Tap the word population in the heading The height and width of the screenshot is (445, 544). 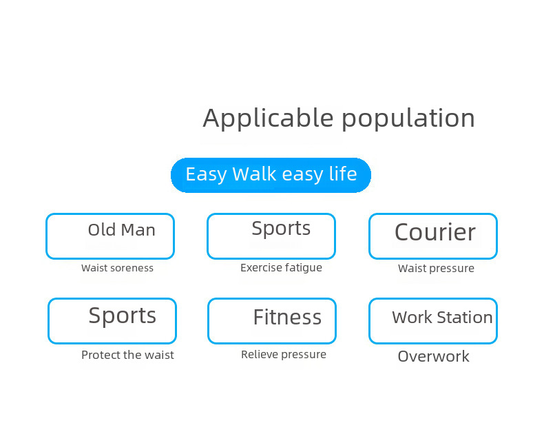(x=408, y=118)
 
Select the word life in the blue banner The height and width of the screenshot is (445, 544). (x=342, y=174)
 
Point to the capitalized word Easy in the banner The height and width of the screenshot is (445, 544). (x=206, y=174)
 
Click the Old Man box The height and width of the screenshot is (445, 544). (x=110, y=236)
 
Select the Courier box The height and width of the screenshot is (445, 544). (x=433, y=236)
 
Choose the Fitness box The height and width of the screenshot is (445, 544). (x=272, y=321)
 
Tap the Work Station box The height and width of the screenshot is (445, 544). (x=433, y=321)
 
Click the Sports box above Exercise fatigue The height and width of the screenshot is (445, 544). (x=271, y=236)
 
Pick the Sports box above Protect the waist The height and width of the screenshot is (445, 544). (x=112, y=321)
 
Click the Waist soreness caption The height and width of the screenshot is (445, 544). (x=117, y=268)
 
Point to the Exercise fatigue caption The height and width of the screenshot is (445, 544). (x=281, y=267)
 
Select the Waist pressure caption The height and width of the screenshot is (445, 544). (x=436, y=269)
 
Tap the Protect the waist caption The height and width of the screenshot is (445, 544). (x=127, y=355)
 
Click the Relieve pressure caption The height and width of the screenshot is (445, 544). (x=284, y=355)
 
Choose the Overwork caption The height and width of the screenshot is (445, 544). (x=433, y=356)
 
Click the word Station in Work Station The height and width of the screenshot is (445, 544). (x=465, y=318)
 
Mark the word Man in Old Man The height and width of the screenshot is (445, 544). (x=138, y=230)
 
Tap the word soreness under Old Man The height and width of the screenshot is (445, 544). (x=132, y=268)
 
